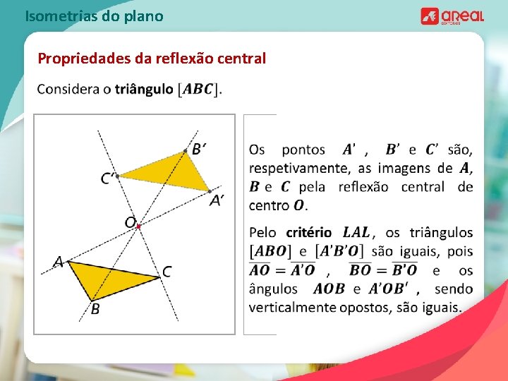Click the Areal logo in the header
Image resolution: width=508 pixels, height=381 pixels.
click(x=452, y=16)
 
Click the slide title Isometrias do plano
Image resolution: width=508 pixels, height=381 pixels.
click(x=94, y=15)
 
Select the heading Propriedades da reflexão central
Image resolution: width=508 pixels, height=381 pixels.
click(x=152, y=59)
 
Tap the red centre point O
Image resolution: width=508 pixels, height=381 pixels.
click(x=139, y=226)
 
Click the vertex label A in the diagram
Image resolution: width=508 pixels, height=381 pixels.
click(x=59, y=262)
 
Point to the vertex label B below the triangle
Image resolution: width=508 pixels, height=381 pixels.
click(x=94, y=309)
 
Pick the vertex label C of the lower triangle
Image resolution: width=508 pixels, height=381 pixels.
click(x=167, y=271)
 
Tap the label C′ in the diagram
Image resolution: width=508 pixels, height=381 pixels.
click(x=108, y=179)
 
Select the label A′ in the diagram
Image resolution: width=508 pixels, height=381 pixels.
click(x=217, y=200)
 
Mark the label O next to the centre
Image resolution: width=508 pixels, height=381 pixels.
click(x=130, y=222)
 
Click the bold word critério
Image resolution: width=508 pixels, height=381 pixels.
click(x=308, y=232)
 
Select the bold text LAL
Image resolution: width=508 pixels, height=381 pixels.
click(x=356, y=232)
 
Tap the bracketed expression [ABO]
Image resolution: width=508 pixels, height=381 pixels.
click(x=272, y=251)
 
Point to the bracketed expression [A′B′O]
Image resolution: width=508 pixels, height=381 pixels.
click(x=341, y=251)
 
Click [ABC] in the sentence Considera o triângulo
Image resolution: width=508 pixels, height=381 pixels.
click(x=199, y=90)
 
